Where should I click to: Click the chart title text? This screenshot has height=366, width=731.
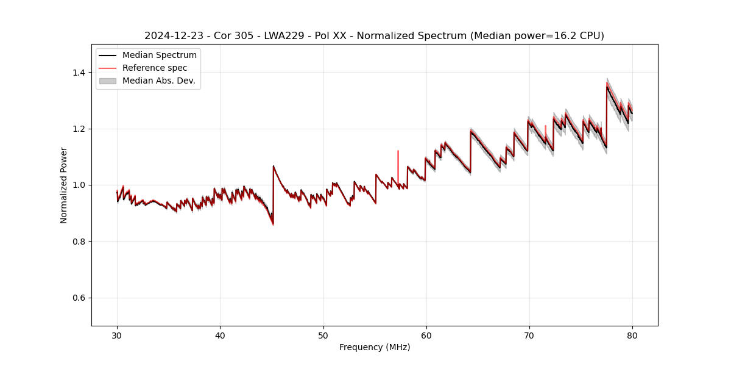click(x=374, y=36)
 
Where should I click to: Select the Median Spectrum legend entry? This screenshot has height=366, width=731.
click(x=159, y=56)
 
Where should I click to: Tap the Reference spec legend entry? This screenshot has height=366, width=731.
click(x=155, y=68)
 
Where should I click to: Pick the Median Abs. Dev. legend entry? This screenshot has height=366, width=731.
click(x=158, y=81)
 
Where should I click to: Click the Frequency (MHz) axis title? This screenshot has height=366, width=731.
click(x=375, y=347)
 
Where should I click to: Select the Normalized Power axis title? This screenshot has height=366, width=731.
click(x=64, y=185)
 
